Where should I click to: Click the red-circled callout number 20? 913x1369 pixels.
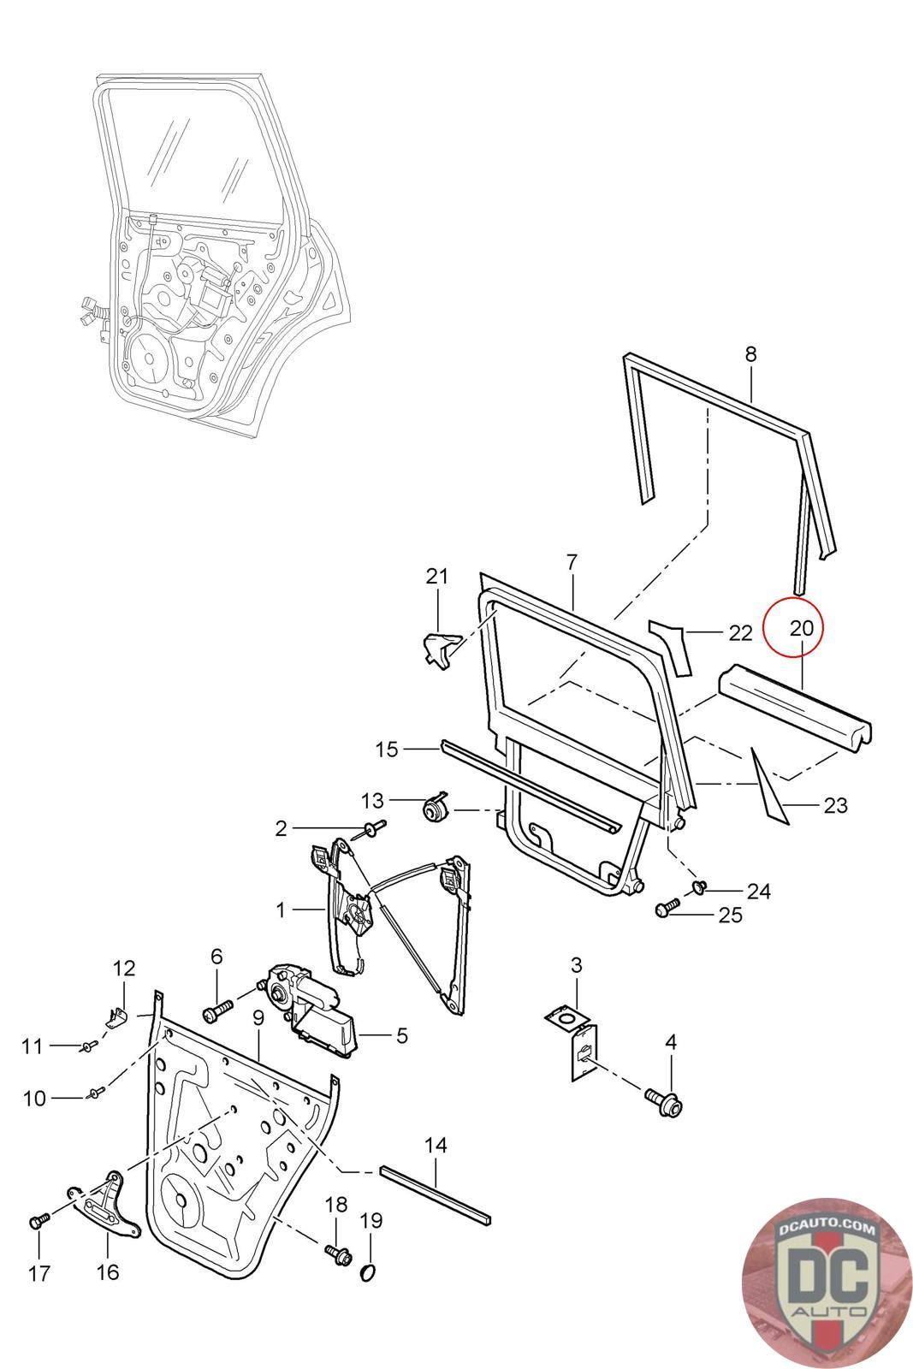[801, 628]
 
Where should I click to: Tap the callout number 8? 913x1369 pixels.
[750, 353]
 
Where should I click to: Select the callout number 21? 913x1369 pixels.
[437, 576]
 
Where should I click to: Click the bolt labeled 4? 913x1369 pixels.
[668, 1103]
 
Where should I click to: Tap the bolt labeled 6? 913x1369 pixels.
[216, 1010]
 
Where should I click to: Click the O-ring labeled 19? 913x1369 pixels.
[368, 1273]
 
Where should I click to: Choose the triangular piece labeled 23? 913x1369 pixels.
[768, 785]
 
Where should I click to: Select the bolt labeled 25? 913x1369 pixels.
[667, 909]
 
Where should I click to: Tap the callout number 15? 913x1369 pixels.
[387, 750]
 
